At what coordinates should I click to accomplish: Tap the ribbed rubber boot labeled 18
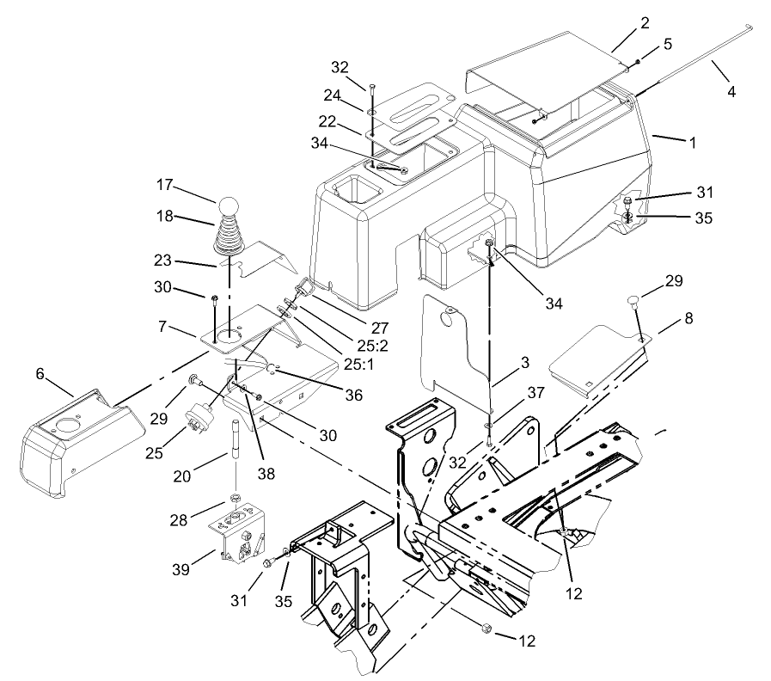pyautogui.click(x=229, y=236)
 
